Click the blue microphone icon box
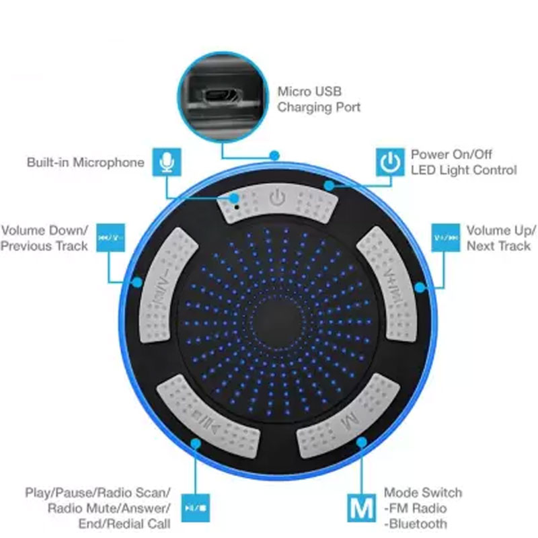click(167, 162)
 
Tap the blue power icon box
click(390, 162)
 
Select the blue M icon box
click(361, 508)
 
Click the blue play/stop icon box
click(196, 508)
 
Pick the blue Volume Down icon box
click(110, 238)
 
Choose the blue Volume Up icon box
click(445, 238)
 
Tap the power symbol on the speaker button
click(277, 198)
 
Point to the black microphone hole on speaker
click(237, 207)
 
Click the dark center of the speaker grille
click(276, 323)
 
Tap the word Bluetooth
click(418, 524)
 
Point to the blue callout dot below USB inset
click(274, 156)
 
